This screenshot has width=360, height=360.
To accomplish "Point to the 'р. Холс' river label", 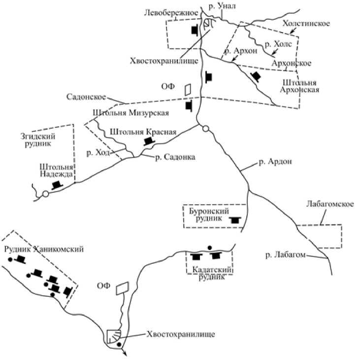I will (x=279, y=44).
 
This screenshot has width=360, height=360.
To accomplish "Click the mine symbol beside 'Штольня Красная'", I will (x=148, y=141).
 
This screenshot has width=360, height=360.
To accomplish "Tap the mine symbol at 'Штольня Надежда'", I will (x=58, y=184).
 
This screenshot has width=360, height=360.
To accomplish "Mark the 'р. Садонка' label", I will (x=175, y=157).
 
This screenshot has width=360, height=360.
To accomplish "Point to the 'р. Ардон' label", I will (x=272, y=161).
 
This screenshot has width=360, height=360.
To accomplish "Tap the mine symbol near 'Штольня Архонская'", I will (x=256, y=76).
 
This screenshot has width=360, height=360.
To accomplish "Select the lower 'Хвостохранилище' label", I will (x=181, y=334).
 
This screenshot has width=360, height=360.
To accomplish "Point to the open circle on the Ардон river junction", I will (x=206, y=129).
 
